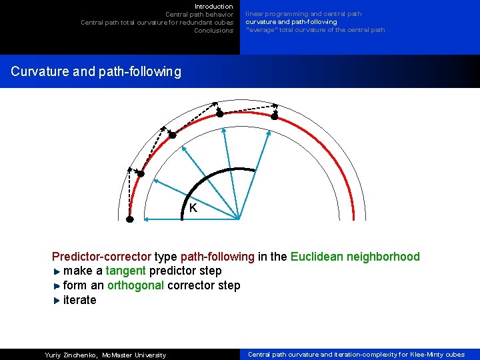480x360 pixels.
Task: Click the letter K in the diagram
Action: coord(193,208)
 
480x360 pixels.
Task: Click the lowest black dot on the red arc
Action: coord(130,219)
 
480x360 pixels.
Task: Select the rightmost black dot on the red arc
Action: coord(275,116)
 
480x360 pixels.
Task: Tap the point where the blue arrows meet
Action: coord(239,219)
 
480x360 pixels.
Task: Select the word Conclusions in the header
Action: coord(213,31)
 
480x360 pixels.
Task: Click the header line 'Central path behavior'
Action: coord(199,15)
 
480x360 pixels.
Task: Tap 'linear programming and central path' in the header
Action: coord(303,14)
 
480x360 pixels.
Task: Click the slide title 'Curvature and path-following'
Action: coord(96,71)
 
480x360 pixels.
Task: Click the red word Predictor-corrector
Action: coord(101,257)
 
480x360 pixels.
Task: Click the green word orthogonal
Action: coord(135,286)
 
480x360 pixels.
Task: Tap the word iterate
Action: coord(79,301)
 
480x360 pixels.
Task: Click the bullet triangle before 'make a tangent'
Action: coord(57,271)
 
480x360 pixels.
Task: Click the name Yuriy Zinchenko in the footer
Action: coord(70,355)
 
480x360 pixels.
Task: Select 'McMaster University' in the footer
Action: coord(133,355)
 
